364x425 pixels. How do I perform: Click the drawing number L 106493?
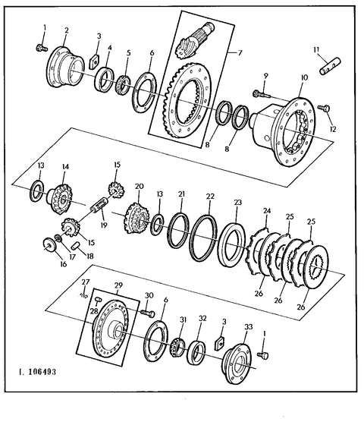point(37,371)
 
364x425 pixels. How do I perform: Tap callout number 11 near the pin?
point(316,49)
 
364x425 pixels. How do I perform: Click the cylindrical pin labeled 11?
point(330,66)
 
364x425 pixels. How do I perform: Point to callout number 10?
point(304,77)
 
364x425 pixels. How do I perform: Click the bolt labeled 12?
point(325,108)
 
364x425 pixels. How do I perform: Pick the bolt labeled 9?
point(262,94)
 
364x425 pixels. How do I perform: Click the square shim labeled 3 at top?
point(94,61)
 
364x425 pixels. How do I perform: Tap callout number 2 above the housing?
point(67,30)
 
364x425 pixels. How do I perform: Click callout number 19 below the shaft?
point(104,225)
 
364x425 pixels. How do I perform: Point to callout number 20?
point(140,186)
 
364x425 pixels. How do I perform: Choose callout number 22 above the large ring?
point(210,197)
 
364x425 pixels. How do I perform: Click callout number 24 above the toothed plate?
point(267,210)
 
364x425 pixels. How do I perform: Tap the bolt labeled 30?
point(147,313)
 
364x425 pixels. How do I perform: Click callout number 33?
point(249,327)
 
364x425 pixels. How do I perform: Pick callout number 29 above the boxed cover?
point(118,285)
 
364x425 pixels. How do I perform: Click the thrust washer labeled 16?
point(50,244)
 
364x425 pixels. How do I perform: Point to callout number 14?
point(65,166)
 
